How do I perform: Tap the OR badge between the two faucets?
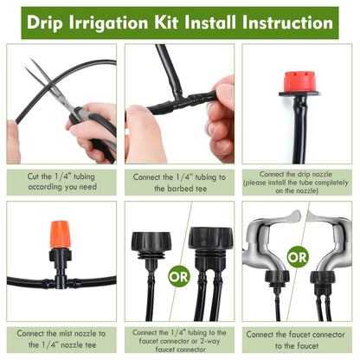pyautogui.click(x=297, y=257)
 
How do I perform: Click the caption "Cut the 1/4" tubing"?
pyautogui.click(x=61, y=182)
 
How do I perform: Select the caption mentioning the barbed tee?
pyautogui.click(x=179, y=182)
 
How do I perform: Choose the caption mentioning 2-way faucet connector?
pyautogui.click(x=179, y=340)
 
